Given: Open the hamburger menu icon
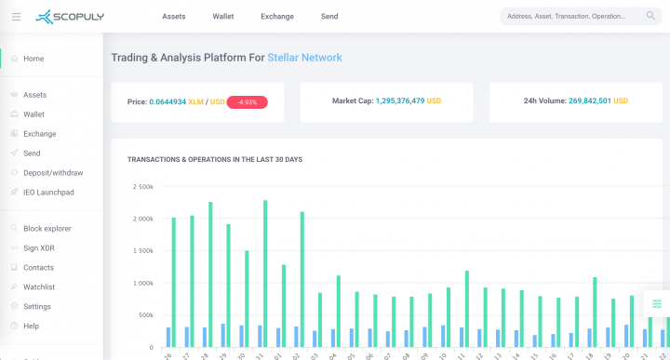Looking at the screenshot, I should point(16,17).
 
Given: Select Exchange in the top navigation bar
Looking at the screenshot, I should point(277,17).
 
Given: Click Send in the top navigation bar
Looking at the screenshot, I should point(329,17).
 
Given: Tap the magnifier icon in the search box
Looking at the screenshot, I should point(650,16).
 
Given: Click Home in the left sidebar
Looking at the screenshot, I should point(33,59).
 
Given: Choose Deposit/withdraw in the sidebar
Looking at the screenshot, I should point(53,173).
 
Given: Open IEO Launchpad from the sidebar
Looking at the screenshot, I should point(48,193).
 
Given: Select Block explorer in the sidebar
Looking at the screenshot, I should point(47,229).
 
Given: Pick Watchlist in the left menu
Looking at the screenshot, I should point(39,287).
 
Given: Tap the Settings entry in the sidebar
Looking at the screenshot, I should point(37,307).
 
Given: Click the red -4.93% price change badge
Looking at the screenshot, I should point(247,101).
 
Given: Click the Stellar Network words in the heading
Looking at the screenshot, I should point(304,58).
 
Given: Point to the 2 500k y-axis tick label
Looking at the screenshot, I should point(142,187).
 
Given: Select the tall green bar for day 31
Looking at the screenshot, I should point(265,273).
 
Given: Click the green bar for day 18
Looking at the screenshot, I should point(595,312).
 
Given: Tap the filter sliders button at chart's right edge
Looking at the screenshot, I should point(657,304).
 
